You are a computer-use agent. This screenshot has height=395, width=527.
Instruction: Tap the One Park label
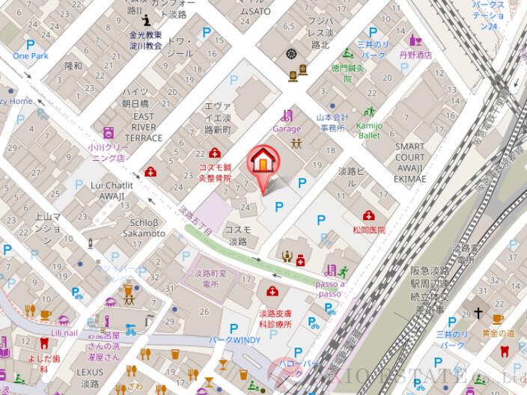30,56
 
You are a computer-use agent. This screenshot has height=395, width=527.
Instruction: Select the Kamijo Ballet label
368,130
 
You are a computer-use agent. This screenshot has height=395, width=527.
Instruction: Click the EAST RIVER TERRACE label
144,127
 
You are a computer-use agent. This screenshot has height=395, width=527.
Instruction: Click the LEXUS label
90,372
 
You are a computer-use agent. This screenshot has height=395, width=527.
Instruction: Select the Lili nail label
64,332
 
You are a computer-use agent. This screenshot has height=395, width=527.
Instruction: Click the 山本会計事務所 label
330,123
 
